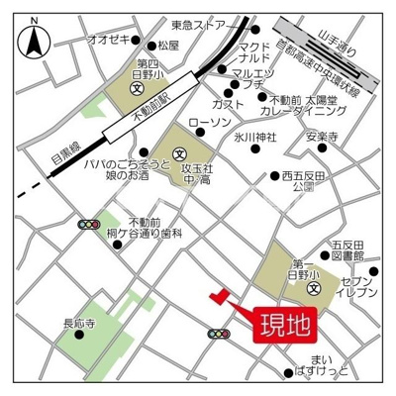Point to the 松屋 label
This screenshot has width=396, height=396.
click(168, 46)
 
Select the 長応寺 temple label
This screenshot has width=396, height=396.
click(78, 322)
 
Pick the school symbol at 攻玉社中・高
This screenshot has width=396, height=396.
click(179, 153)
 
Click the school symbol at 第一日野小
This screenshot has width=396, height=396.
click(313, 289)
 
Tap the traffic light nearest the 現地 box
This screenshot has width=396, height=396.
click(219, 336)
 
